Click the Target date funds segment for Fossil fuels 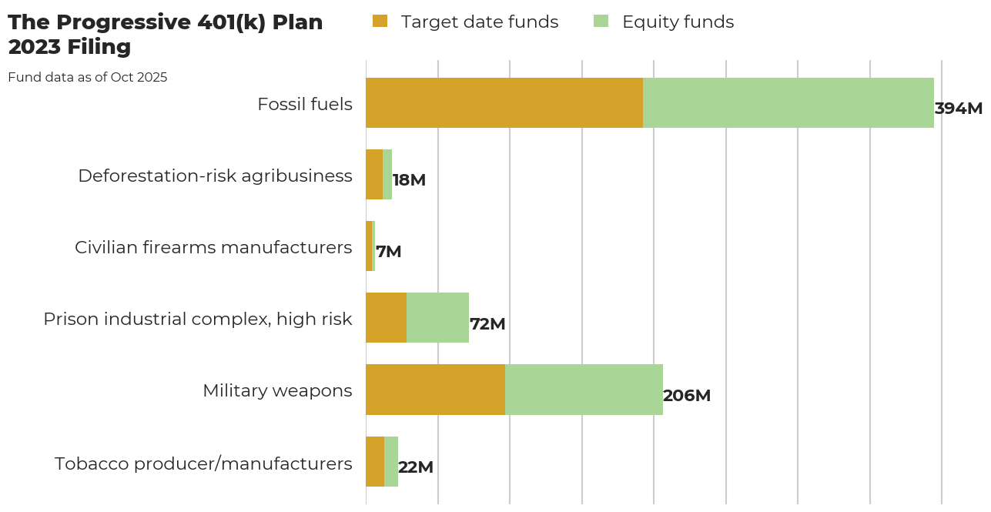tap(504, 102)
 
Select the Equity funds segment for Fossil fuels tap(788, 102)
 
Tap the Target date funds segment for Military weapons tap(435, 390)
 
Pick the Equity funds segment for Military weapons tap(584, 390)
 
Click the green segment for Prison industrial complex tap(437, 318)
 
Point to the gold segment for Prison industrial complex tap(386, 318)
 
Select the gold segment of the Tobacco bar tap(375, 461)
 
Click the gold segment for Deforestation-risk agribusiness tap(374, 175)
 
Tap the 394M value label tap(958, 109)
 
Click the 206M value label tap(686, 396)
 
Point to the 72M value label tap(487, 324)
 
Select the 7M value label tap(388, 252)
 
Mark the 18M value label tap(409, 180)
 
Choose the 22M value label tap(416, 467)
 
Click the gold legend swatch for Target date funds tap(380, 22)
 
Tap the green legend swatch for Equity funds tap(601, 22)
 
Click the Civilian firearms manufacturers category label tap(213, 247)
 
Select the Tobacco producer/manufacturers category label tap(203, 463)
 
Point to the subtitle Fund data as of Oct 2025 tap(88, 77)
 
